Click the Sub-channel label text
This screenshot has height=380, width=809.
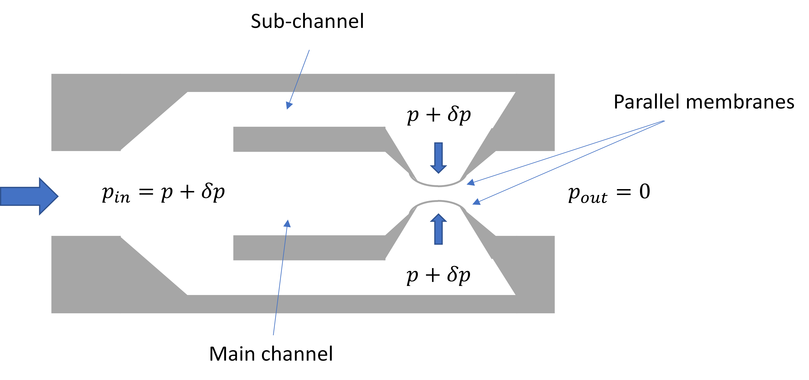[307, 21]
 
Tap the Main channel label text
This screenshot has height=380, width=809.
[271, 354]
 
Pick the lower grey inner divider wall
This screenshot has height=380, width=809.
[309, 248]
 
